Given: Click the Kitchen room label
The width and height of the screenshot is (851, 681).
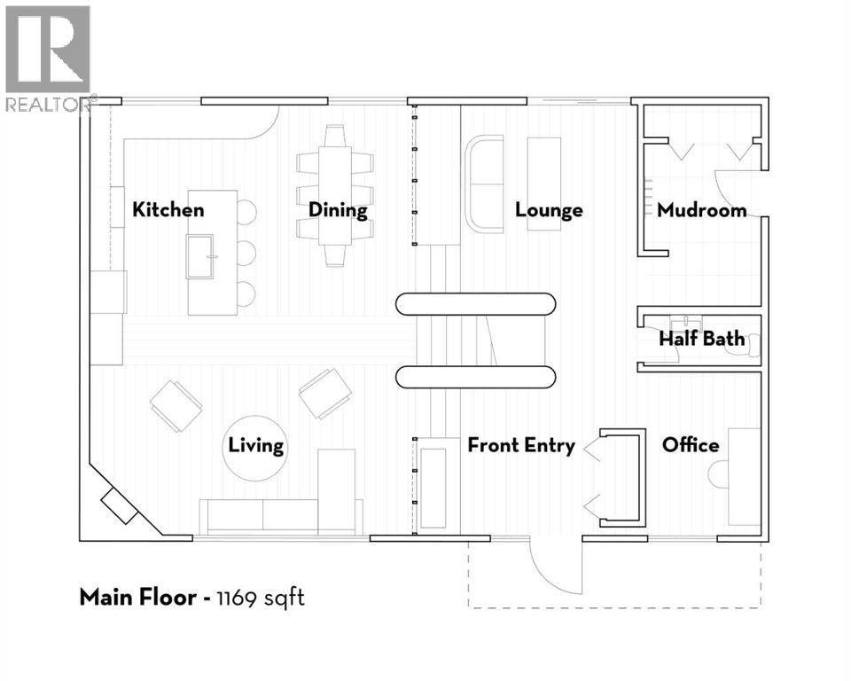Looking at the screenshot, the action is click(168, 209).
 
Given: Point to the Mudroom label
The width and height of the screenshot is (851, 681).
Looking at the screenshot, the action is click(702, 210).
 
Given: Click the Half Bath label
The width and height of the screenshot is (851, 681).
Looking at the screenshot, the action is click(702, 339).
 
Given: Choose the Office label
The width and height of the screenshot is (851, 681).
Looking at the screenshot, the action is click(691, 445).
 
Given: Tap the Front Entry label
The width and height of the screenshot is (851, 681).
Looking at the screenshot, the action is click(521, 446).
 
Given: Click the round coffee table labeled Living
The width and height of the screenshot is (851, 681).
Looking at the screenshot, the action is click(254, 448).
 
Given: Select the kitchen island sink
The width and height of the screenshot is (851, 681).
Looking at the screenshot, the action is click(199, 256).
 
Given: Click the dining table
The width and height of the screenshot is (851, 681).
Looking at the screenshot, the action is click(335, 195).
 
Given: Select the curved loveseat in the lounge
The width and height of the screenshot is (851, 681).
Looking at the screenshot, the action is click(485, 184).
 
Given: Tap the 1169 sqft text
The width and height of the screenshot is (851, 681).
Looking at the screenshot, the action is click(261, 599).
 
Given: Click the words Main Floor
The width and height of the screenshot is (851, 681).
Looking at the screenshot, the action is click(138, 598).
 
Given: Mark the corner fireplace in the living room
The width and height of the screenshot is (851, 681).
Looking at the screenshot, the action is click(120, 505).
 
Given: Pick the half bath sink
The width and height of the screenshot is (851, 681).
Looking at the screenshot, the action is click(685, 323).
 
